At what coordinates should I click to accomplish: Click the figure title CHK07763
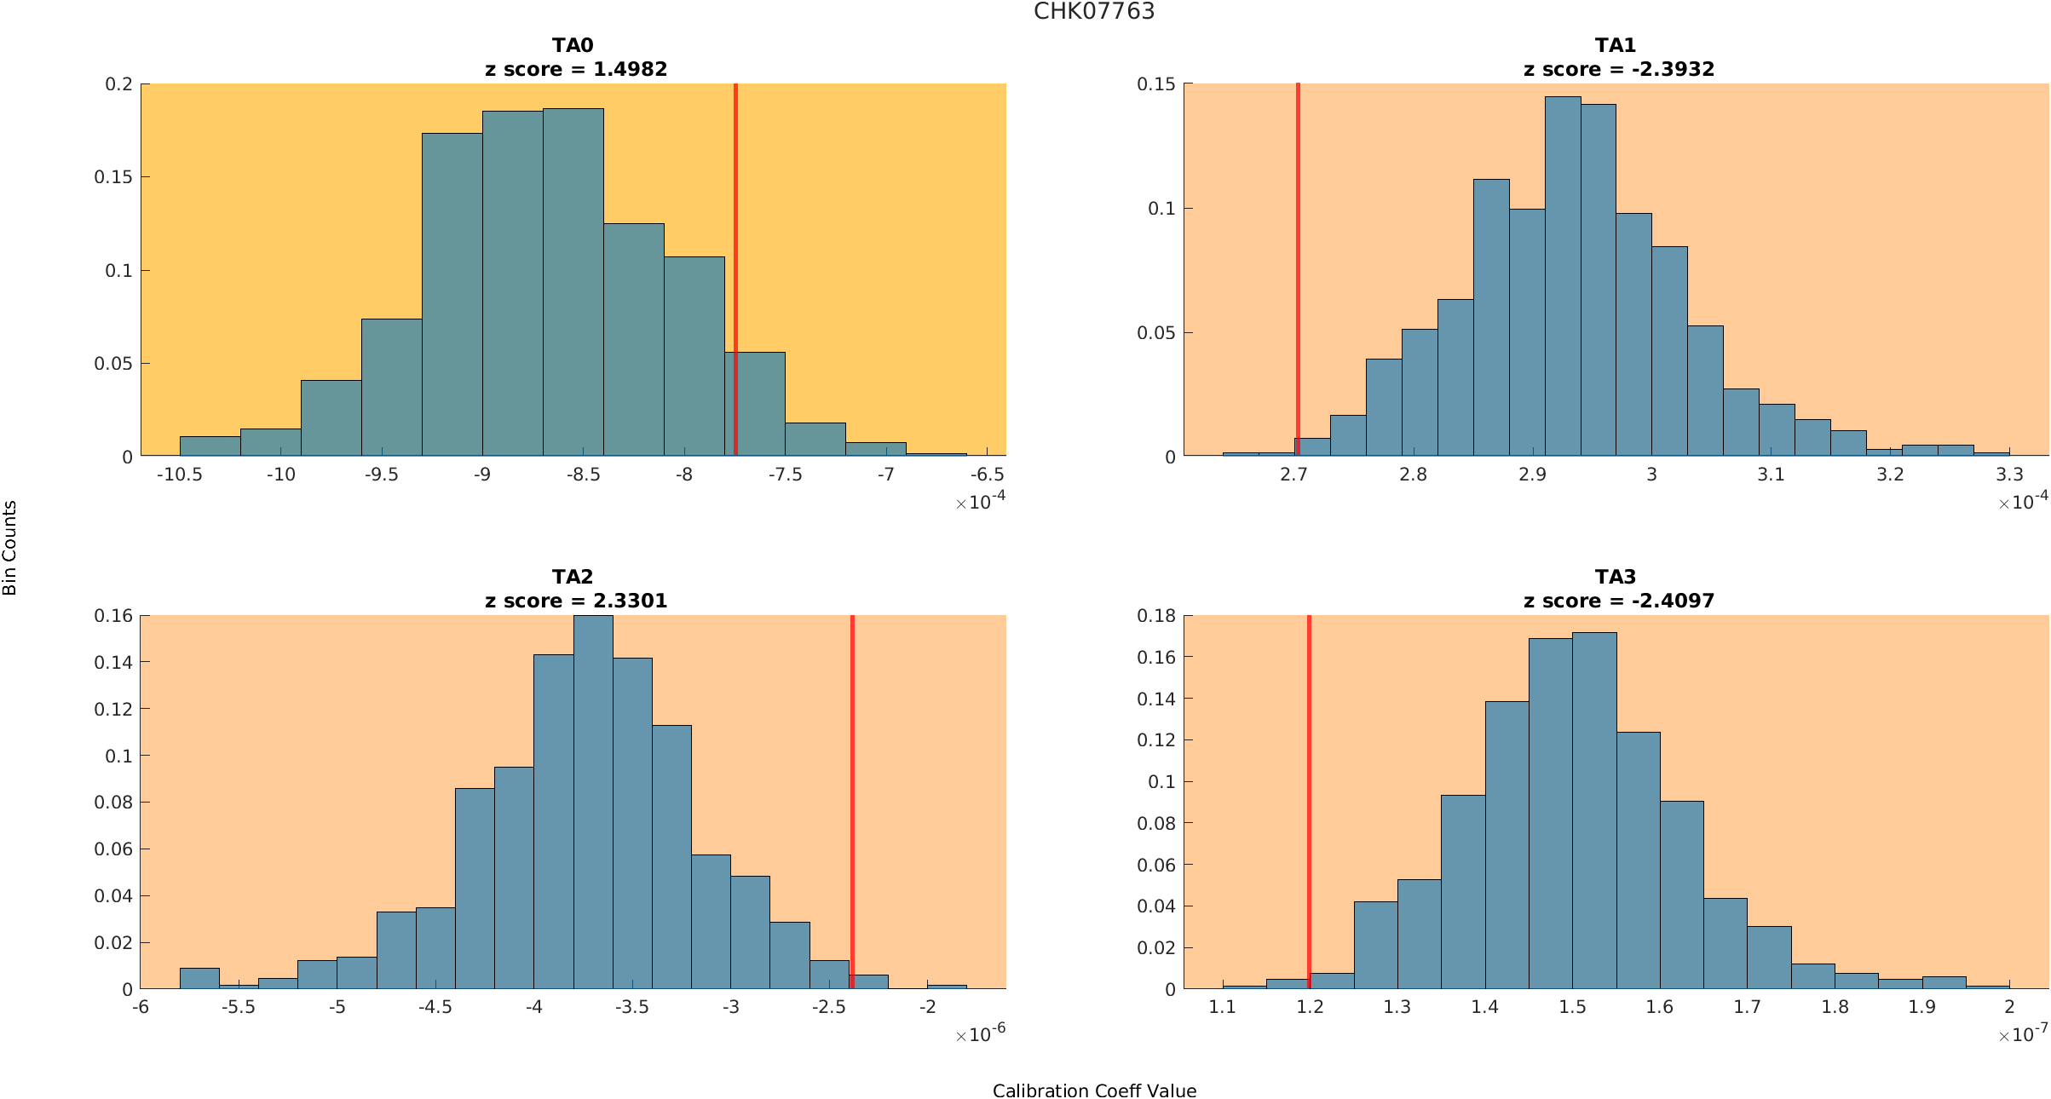point(1094,11)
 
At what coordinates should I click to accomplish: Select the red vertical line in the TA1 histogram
point(1298,256)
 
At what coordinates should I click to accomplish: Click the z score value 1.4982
point(630,69)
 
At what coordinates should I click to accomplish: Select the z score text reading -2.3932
point(1673,69)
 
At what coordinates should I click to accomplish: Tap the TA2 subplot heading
point(573,577)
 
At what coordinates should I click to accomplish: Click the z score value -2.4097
point(1673,601)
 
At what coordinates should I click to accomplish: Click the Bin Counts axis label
point(10,548)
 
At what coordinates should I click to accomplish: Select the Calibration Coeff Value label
point(1094,1090)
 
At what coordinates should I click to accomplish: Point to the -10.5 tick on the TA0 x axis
point(180,475)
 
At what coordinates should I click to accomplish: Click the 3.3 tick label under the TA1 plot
point(2009,475)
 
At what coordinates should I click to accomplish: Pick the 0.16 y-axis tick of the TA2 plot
point(113,615)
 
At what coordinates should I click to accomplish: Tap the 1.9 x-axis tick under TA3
point(1921,1007)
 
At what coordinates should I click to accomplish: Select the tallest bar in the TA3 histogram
point(1594,809)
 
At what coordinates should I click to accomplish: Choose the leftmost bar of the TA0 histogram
point(210,446)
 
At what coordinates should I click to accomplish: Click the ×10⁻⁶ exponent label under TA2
point(981,1034)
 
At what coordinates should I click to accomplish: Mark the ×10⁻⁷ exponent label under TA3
point(2023,1034)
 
